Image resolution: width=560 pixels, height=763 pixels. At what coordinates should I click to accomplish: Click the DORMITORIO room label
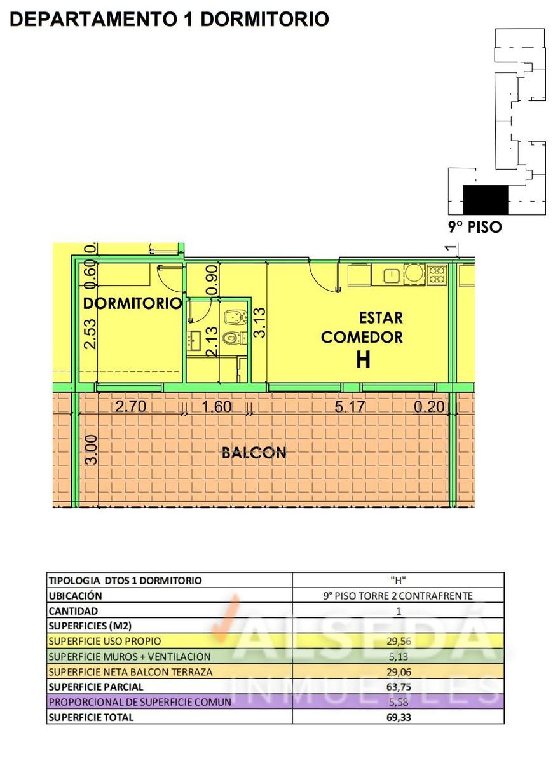[x=132, y=303]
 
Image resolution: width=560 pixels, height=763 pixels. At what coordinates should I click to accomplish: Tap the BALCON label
[x=254, y=453]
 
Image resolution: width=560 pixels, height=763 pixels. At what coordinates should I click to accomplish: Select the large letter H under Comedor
[x=363, y=359]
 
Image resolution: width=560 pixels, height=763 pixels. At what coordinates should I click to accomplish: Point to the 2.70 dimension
[x=131, y=406]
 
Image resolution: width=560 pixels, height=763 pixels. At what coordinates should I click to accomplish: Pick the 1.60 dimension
[x=217, y=407]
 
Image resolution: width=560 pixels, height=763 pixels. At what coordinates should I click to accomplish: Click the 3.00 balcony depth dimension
[x=92, y=450]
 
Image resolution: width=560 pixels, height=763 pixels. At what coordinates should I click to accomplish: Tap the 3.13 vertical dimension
[x=259, y=322]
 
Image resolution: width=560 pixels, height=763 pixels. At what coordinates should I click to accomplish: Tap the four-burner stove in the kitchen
[x=437, y=275]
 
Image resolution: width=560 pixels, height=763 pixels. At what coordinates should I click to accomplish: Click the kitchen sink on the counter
[x=392, y=275]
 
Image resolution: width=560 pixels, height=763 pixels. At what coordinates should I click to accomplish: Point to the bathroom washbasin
[x=195, y=341]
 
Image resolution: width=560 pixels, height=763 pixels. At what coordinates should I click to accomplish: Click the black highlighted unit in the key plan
[x=486, y=200]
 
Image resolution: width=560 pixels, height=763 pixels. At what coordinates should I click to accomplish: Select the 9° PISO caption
[x=475, y=227]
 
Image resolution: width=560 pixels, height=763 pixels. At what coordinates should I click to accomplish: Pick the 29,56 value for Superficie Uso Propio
[x=399, y=642]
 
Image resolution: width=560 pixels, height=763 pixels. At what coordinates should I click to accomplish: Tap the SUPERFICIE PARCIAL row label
[x=96, y=687]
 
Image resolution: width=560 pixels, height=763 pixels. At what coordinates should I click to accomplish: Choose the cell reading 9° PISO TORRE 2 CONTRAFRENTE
[x=398, y=596]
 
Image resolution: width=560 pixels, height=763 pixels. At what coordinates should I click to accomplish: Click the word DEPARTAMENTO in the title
[x=92, y=19]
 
